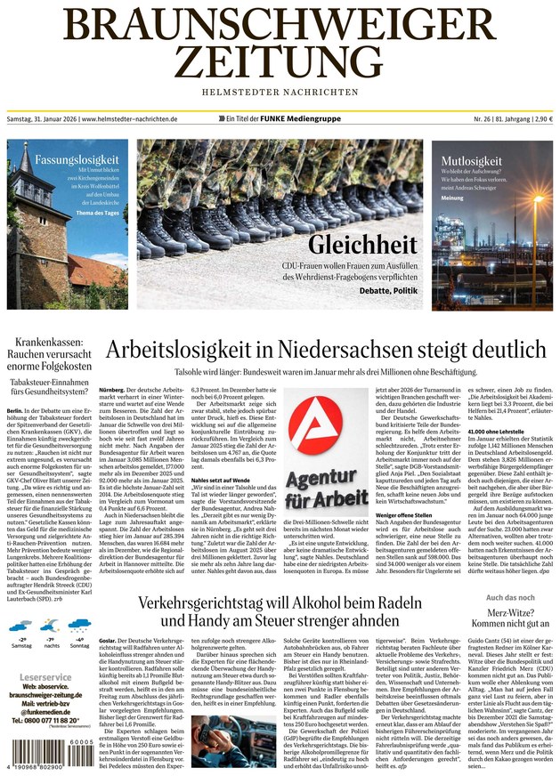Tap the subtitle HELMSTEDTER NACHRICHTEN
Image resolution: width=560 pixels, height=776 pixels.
[280, 92]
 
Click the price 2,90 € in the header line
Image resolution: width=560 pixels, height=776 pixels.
[540, 119]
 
